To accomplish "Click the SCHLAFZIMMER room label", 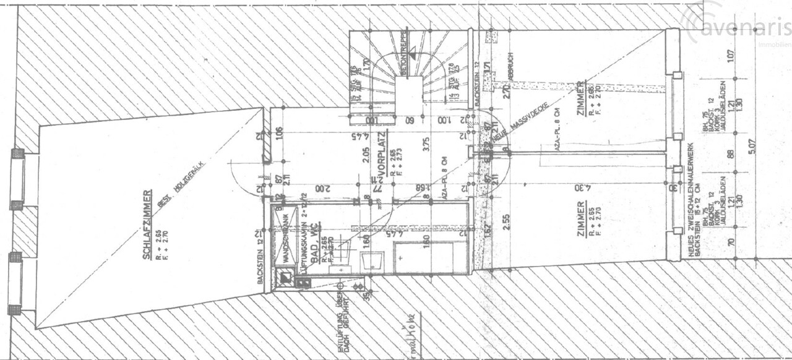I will pyautogui.click(x=147, y=223).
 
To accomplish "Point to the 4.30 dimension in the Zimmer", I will pyautogui.click(x=580, y=187).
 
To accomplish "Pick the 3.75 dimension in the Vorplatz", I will pyautogui.click(x=426, y=145).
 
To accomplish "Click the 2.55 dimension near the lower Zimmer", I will pyautogui.click(x=506, y=222).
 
